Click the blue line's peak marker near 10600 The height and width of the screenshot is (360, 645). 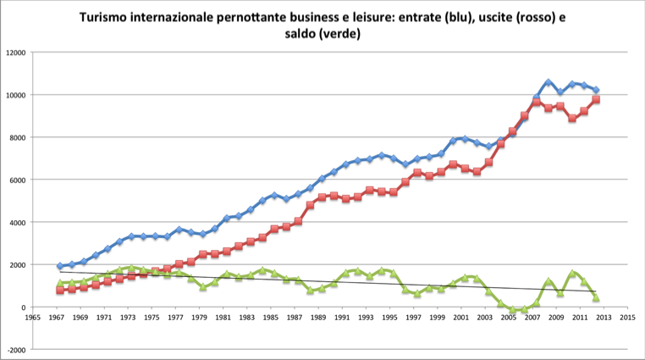click(x=549, y=82)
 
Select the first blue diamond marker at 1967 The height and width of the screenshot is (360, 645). click(x=60, y=266)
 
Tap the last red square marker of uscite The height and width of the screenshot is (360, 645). click(x=596, y=99)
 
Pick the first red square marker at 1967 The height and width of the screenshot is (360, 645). click(x=60, y=291)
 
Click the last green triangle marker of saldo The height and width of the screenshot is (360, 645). click(x=596, y=298)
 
